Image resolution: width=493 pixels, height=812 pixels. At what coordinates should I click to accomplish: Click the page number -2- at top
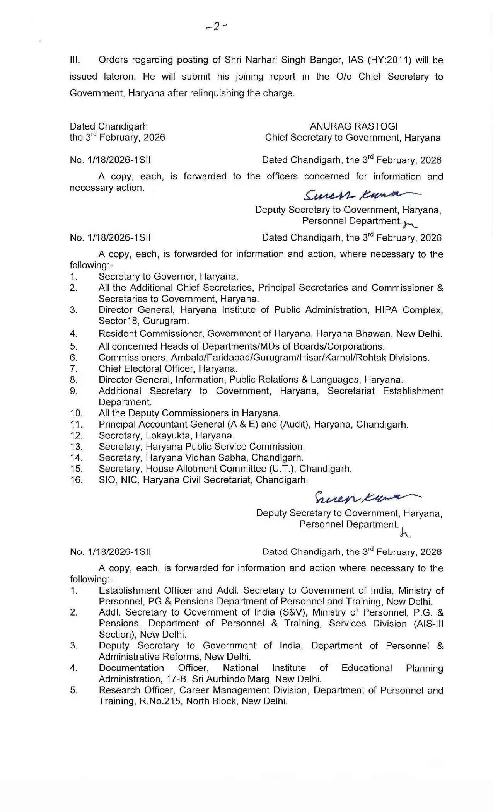coord(217,26)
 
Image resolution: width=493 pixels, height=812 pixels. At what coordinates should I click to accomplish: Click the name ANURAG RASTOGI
coord(353,126)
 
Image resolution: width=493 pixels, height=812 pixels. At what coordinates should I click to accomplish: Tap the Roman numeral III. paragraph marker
coord(75,60)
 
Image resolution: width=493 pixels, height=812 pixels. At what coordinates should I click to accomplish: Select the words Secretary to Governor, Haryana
coord(168,276)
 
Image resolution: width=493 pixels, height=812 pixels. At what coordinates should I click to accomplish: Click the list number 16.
coord(76,480)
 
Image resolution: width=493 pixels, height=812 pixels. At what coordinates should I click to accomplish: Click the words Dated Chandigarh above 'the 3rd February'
coord(109,126)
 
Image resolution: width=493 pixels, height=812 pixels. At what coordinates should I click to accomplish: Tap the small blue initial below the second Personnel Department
coord(404,534)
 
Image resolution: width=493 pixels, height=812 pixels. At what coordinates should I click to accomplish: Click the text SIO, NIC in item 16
coord(118,480)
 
